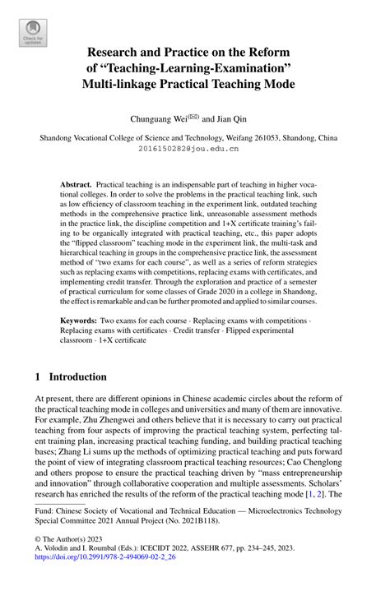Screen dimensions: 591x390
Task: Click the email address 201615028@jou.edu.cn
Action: click(x=194, y=150)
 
